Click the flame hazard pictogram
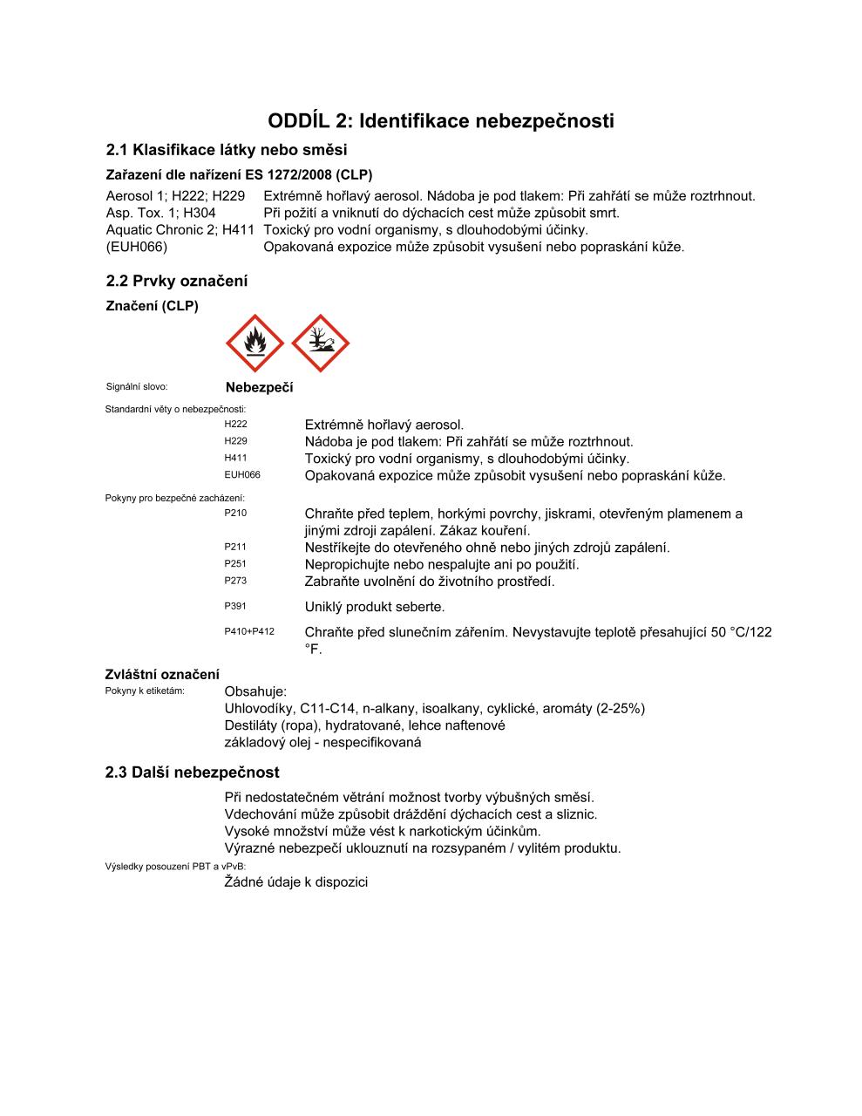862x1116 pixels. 255,344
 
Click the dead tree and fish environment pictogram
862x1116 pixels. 320,344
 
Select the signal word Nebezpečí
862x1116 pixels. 259,388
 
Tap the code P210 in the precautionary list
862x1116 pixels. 235,513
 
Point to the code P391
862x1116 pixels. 235,606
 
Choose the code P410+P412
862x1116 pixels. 249,631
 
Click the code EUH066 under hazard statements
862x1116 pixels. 242,475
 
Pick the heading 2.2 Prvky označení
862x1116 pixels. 176,281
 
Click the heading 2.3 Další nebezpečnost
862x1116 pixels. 192,772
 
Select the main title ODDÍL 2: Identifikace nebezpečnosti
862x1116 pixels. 440,120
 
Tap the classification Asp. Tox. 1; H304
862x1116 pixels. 160,213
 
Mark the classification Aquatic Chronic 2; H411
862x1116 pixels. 180,230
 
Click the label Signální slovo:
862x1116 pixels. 136,386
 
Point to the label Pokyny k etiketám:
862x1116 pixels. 145,691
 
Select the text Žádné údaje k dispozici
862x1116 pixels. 296,882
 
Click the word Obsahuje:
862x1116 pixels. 255,691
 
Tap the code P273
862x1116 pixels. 235,581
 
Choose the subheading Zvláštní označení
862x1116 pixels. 162,674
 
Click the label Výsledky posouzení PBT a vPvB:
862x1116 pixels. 175,866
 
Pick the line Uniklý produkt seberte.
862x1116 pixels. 375,607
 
